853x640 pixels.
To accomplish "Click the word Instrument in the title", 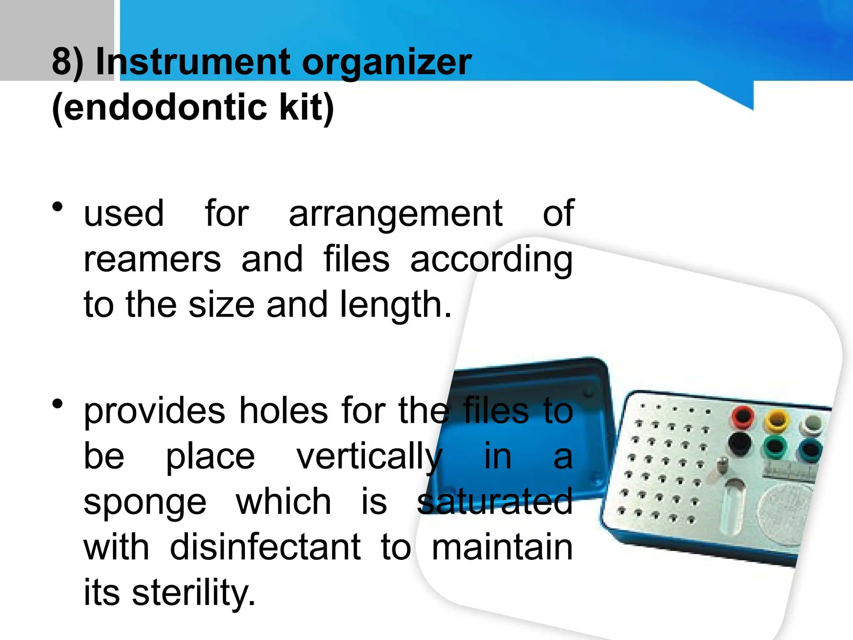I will click(192, 62).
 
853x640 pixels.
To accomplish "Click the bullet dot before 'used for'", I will click(58, 207).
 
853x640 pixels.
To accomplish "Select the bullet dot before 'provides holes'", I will click(58, 404).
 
